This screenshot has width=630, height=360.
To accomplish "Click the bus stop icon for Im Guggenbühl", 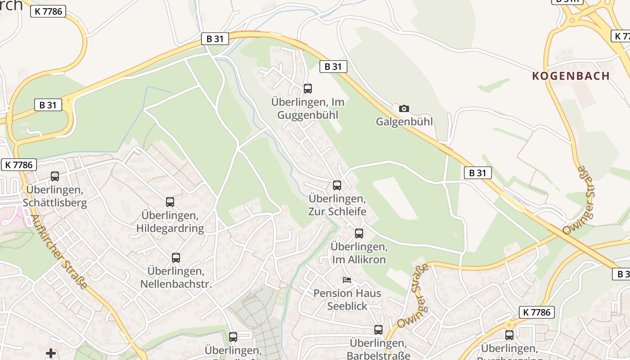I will (x=308, y=89).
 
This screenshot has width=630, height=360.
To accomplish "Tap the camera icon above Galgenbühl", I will (x=404, y=108).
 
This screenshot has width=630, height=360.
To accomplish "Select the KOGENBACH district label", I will (x=571, y=76).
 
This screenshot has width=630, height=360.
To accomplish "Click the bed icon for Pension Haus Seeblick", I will (x=347, y=280).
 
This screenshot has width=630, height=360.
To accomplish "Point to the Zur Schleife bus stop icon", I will (x=337, y=185).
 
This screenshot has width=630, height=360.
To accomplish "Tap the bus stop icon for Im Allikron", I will (x=359, y=234).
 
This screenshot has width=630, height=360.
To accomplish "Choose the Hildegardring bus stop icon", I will (x=170, y=202).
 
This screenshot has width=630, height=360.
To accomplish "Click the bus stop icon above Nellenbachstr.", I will (x=176, y=258).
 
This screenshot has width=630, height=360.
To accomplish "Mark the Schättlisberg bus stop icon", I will (x=55, y=176).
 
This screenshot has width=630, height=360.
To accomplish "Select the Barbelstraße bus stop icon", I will (x=378, y=330).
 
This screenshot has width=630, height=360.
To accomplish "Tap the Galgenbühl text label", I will (x=404, y=121).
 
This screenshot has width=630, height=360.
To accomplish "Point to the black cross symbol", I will (x=51, y=353).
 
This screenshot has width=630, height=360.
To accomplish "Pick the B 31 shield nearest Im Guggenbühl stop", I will (x=333, y=67).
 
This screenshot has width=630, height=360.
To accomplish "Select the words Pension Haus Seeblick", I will (x=347, y=300).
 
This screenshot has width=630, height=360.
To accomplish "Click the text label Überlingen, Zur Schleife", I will (x=337, y=205).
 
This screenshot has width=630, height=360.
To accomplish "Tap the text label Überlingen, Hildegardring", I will (x=170, y=222).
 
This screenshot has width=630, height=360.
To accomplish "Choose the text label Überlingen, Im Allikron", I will (x=359, y=253).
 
